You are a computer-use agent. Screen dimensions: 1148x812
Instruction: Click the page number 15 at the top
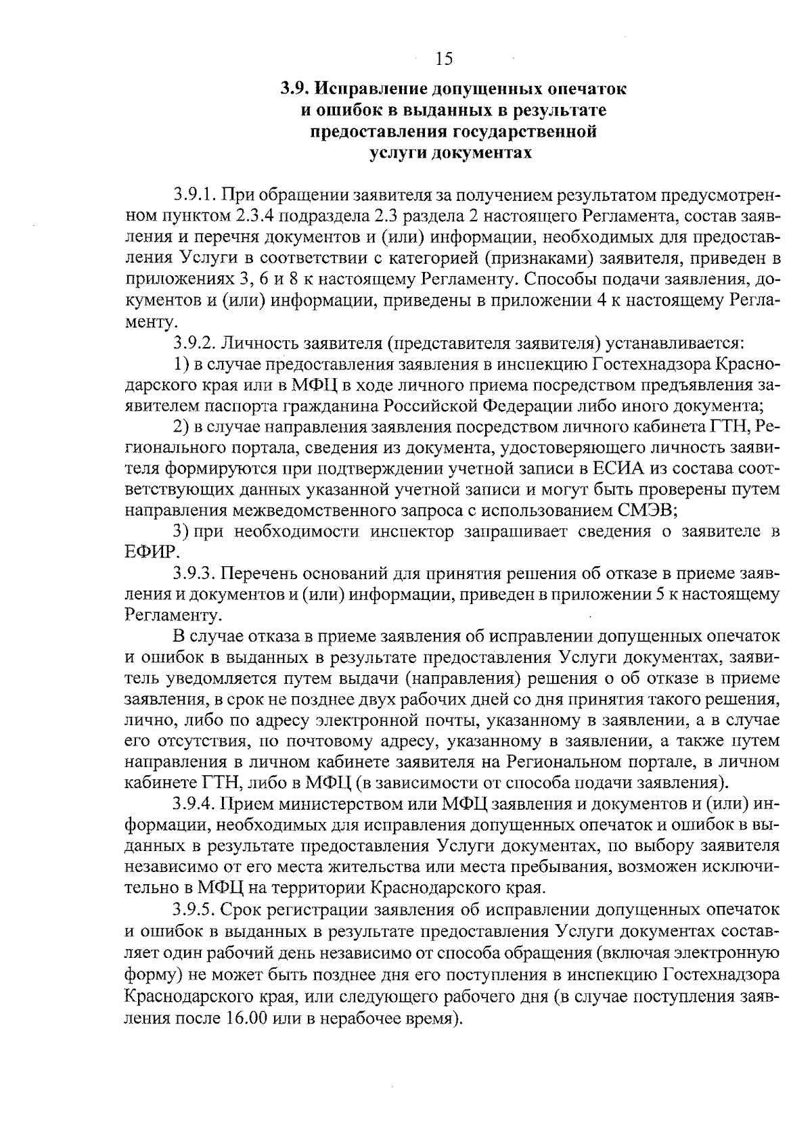(x=443, y=59)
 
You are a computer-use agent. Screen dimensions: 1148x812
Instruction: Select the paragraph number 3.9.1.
(x=194, y=196)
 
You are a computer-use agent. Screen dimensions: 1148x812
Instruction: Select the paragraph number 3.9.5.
(x=194, y=908)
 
